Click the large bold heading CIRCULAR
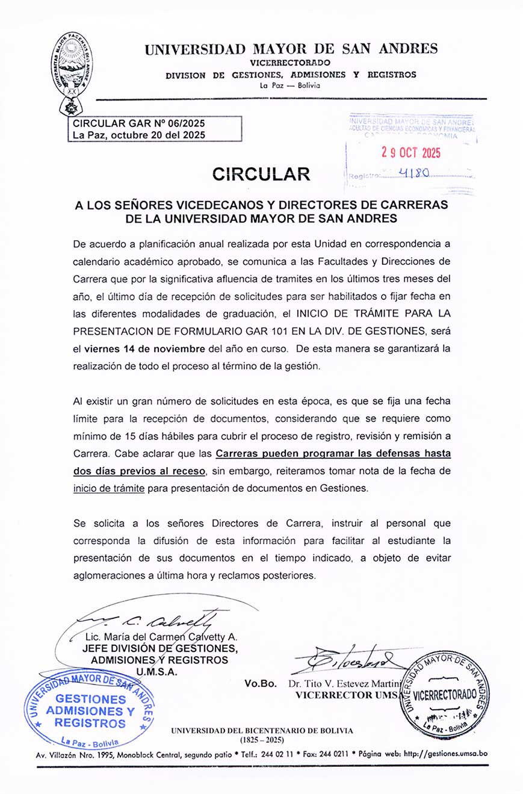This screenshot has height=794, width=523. coord(261,174)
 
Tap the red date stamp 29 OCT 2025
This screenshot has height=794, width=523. coord(411,152)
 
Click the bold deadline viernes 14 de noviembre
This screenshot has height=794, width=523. coord(145,349)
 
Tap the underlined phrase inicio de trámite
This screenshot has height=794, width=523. coord(108,489)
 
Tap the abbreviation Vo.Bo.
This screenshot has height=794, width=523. coord(261,683)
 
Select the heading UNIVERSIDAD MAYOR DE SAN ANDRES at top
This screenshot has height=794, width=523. coord(291,49)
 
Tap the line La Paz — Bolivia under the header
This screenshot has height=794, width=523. coord(289,85)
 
